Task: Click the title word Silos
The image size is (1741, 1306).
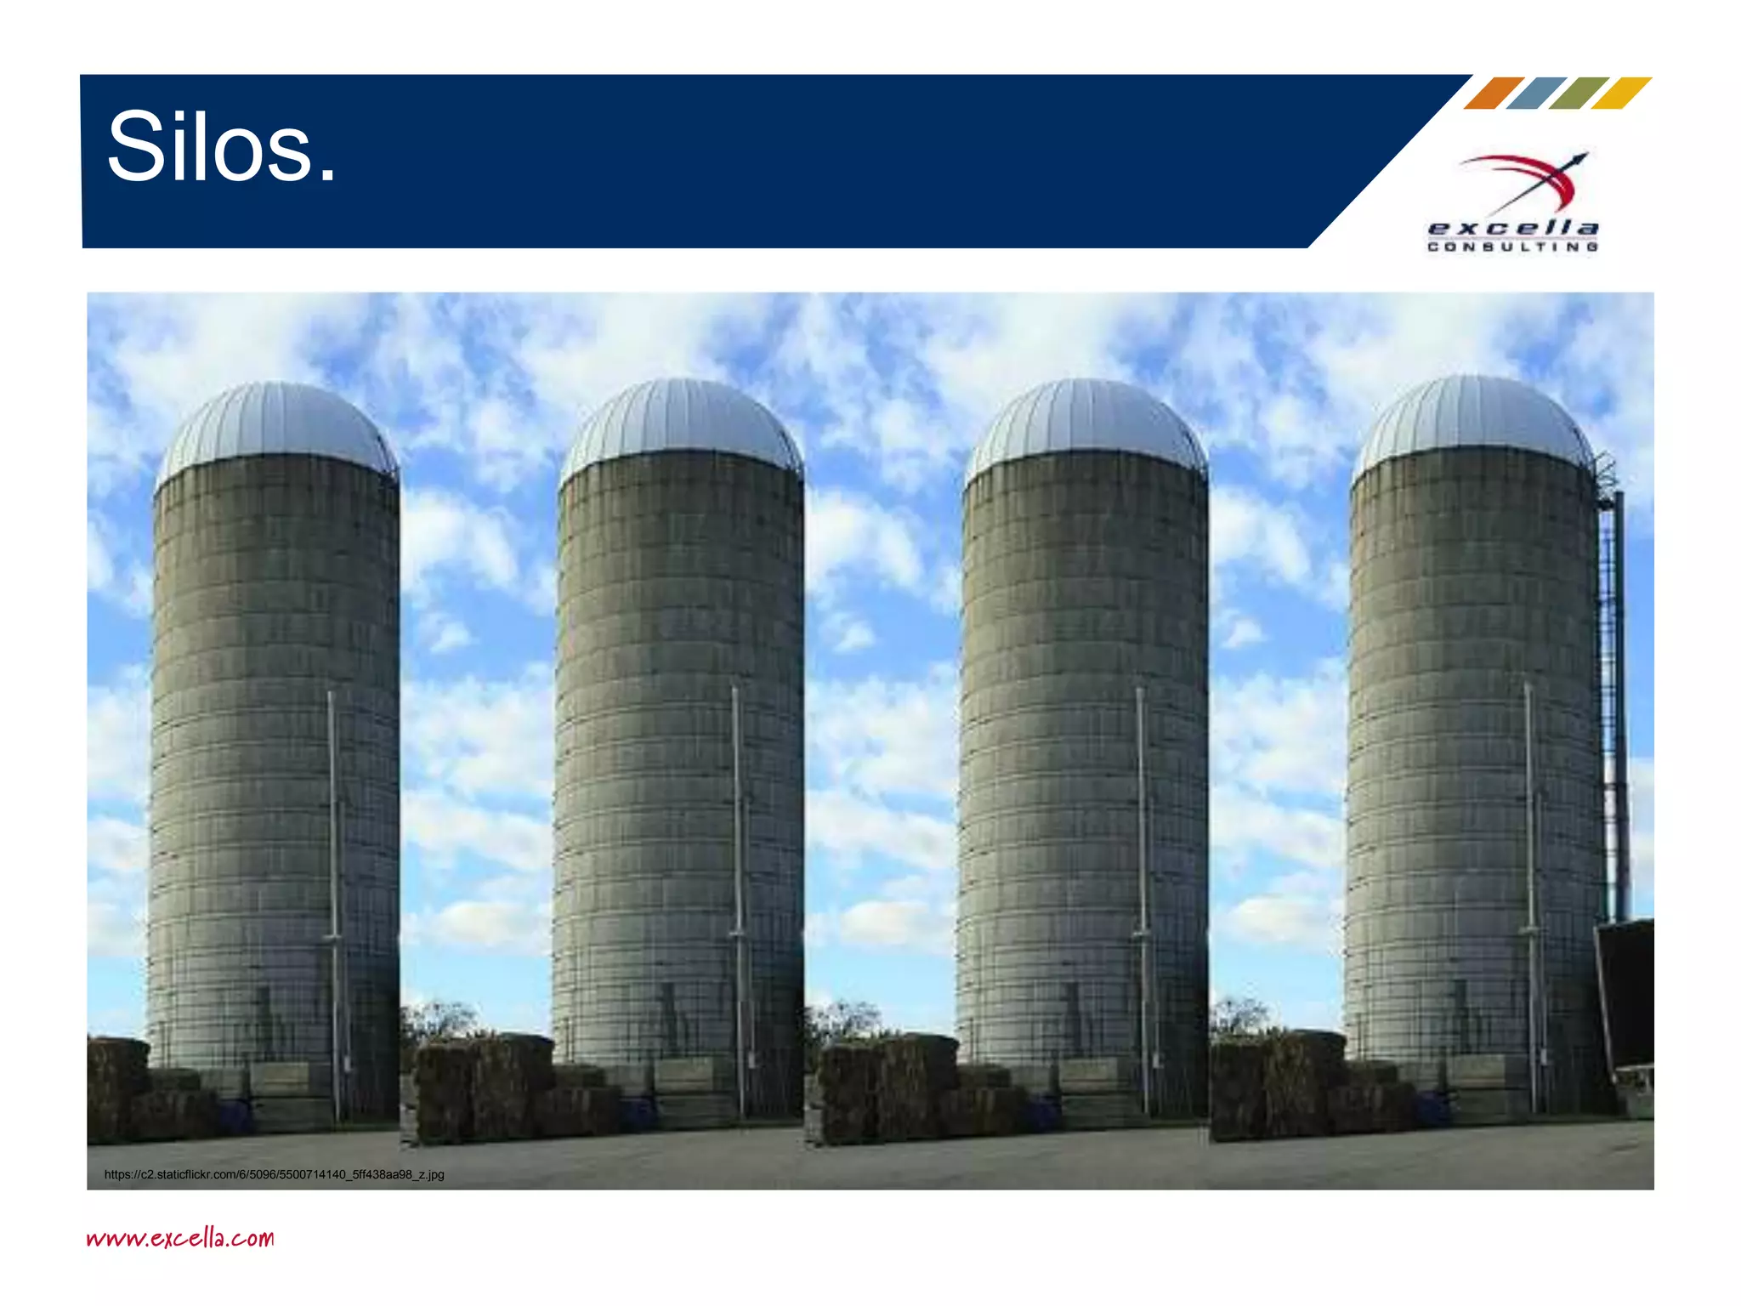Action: coord(222,148)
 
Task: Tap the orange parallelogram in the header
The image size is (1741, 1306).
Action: coord(1494,93)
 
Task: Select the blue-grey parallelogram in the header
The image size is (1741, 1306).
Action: coord(1536,93)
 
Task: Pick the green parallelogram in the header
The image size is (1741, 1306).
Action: coord(1579,93)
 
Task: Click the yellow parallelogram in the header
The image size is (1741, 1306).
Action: coord(1621,93)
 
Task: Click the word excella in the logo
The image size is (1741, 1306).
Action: coord(1513,228)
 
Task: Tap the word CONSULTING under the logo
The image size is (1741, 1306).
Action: coord(1513,247)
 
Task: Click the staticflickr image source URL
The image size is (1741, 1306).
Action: coord(274,1174)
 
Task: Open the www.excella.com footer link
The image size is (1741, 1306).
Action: coord(180,1237)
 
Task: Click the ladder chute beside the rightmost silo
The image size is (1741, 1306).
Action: coord(1613,697)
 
